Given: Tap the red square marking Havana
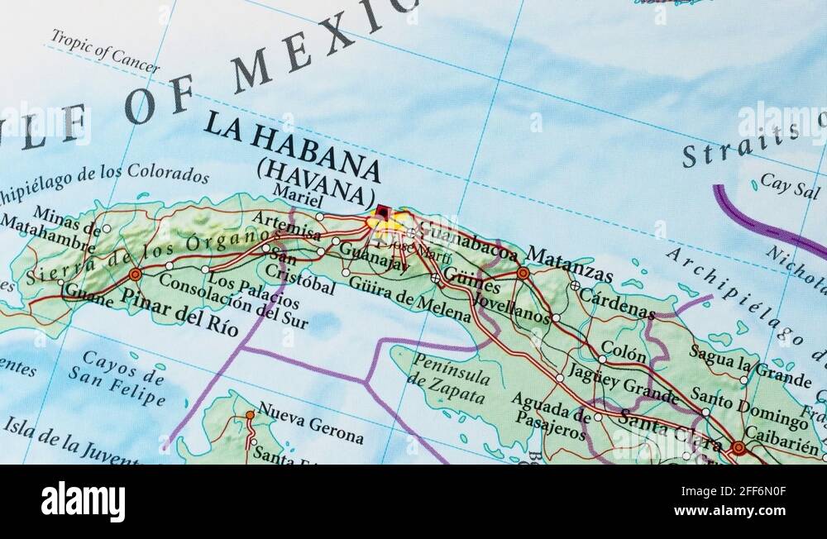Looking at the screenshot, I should (x=382, y=212).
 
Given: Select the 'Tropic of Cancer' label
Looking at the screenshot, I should (x=104, y=51).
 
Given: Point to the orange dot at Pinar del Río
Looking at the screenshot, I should (x=135, y=274).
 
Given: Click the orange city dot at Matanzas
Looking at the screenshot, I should (x=523, y=272).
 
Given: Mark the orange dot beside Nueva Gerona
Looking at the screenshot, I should (x=250, y=414).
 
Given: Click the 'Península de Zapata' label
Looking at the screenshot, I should (x=449, y=372).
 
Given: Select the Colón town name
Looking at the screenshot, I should (x=624, y=351).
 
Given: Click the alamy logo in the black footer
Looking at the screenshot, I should (x=83, y=502).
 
